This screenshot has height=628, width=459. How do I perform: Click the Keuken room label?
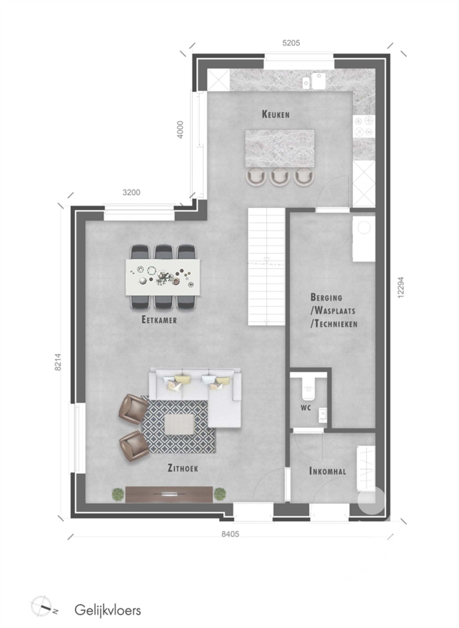point(276,114)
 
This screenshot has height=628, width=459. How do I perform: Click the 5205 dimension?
point(291,43)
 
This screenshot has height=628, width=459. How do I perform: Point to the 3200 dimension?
point(131,192)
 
